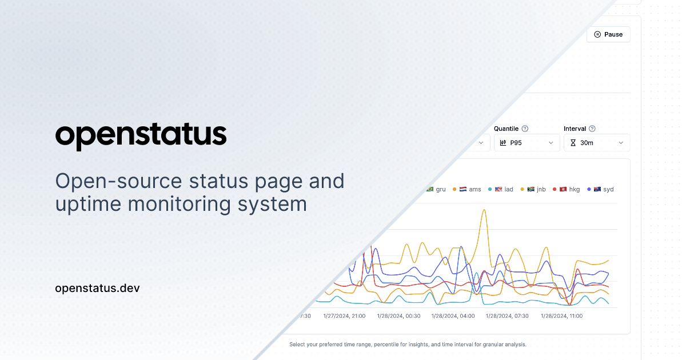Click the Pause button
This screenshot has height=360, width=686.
(608, 34)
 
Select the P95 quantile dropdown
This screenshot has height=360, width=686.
(527, 143)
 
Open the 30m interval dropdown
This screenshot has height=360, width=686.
(596, 143)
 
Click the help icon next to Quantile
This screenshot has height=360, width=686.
(525, 129)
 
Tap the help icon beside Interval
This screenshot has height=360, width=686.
(592, 129)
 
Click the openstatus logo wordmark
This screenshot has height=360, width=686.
(141, 135)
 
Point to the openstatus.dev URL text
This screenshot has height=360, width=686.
(97, 288)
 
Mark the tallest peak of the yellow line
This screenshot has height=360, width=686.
(484, 210)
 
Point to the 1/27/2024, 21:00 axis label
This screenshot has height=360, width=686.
(344, 316)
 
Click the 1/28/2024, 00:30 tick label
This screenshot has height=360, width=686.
(398, 316)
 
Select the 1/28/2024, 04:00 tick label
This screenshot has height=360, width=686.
(453, 316)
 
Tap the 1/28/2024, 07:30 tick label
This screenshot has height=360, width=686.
(507, 316)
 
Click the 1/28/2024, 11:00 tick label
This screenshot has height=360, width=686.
(561, 316)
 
